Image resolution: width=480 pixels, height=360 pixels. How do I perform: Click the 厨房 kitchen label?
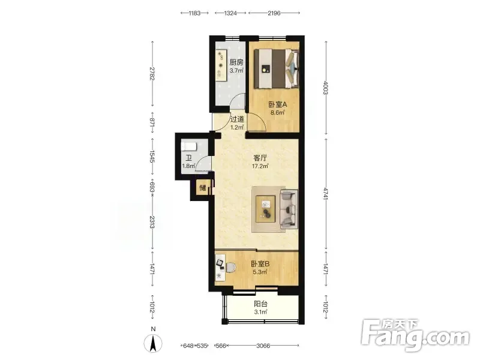point(236,62)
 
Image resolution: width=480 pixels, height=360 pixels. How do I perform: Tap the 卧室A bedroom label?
point(278,104)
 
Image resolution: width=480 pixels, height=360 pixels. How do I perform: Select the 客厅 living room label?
point(260,158)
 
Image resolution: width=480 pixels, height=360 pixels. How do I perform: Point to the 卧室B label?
point(260,263)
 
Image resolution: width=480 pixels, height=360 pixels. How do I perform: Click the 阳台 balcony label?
point(260,304)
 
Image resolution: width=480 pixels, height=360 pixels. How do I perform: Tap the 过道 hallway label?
point(237,119)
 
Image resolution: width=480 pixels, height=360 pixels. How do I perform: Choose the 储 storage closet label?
point(203,187)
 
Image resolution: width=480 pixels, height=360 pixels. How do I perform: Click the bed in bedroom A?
point(277,69)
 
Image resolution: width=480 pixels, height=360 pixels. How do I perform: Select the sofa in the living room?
point(289,209)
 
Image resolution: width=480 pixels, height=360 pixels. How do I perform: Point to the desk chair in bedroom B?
point(231,268)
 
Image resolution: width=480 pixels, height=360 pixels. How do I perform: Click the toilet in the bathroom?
point(188,146)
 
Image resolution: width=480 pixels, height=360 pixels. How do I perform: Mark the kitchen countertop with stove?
point(221,65)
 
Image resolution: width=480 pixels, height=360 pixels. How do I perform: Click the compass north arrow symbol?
point(154,343)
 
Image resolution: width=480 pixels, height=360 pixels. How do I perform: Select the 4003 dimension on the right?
point(326,88)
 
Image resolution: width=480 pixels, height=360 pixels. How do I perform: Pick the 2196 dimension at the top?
point(274,13)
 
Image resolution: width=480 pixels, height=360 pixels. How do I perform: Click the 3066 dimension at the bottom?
point(263,346)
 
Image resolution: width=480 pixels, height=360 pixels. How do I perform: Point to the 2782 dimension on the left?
point(152,73)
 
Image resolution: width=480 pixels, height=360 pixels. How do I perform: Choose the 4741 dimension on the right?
point(326,194)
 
